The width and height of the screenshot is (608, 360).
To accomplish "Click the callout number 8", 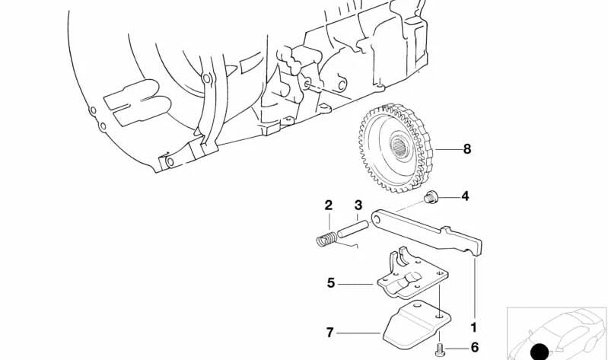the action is [x=467, y=149].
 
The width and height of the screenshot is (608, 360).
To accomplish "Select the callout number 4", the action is [x=465, y=196].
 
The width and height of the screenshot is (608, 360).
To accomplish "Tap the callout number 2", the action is [x=329, y=205].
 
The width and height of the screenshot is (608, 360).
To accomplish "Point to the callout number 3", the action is [x=358, y=205].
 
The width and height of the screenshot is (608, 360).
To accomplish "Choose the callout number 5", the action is [x=331, y=283].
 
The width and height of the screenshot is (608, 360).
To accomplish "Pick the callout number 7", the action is [x=330, y=333].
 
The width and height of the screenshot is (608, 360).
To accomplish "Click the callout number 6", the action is [x=475, y=347].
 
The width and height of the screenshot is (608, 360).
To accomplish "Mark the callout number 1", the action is [x=473, y=328].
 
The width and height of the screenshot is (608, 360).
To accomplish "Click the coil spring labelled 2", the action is [x=327, y=238].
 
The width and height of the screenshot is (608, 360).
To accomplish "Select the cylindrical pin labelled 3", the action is [x=352, y=229].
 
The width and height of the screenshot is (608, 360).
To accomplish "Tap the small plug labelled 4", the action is [x=430, y=197].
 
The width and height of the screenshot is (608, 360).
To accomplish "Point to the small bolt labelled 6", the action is [x=439, y=349].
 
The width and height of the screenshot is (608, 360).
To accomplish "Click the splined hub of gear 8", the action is [x=398, y=146].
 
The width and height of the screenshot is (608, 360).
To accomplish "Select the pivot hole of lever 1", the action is [x=376, y=220].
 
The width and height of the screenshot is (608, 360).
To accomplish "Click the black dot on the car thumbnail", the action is [x=539, y=352].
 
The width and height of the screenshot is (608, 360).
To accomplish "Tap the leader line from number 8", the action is [x=447, y=149].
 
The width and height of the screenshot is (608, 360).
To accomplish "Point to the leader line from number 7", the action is [x=358, y=333].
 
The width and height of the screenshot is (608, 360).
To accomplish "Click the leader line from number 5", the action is [x=355, y=285].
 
